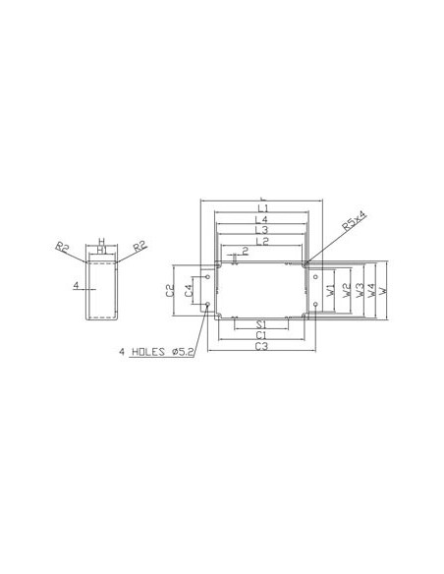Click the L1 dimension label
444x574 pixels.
click(x=262, y=208)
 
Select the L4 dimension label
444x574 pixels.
click(x=262, y=219)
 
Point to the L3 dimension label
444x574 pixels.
click(x=262, y=230)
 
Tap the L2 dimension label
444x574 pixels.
click(x=262, y=241)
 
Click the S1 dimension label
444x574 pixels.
click(x=262, y=324)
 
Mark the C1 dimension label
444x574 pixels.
click(x=262, y=335)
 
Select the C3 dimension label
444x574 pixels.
click(x=262, y=347)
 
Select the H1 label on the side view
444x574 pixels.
click(x=101, y=250)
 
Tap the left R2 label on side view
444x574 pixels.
click(x=63, y=246)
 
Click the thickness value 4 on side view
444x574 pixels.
click(x=75, y=286)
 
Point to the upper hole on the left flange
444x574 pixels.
click(x=207, y=276)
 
